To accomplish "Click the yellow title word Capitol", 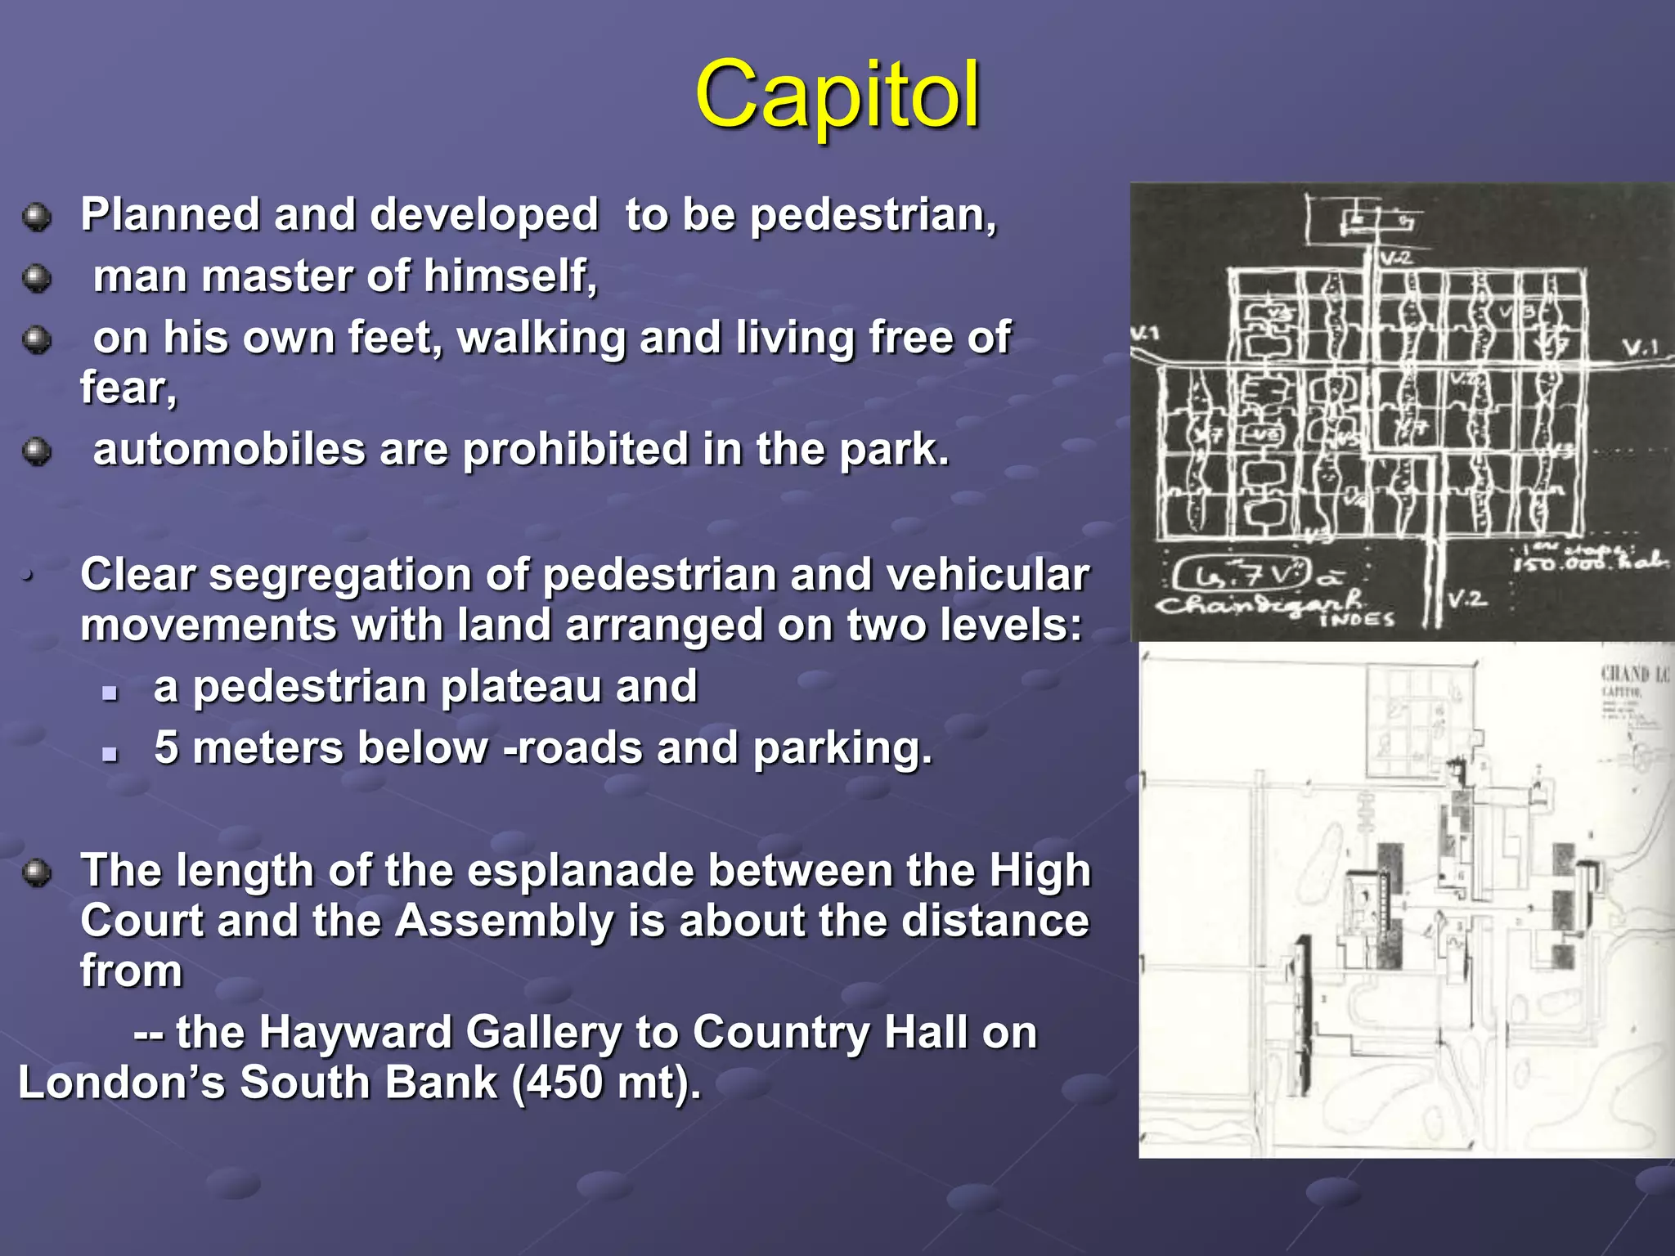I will (837, 96).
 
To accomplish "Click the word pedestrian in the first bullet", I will (873, 215).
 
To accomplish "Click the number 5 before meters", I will (166, 747).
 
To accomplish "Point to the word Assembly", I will (505, 921).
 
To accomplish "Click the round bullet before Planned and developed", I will (37, 218).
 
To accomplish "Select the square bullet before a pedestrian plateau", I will (110, 693).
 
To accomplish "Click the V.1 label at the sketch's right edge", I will (1639, 348).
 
